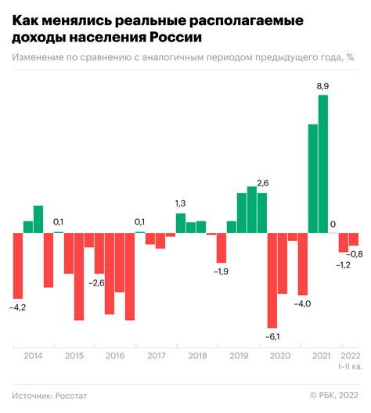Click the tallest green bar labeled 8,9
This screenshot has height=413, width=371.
(322, 164)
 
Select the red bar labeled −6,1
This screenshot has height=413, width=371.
(272, 280)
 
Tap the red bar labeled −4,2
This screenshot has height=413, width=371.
(18, 266)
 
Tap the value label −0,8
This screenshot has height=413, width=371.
(355, 254)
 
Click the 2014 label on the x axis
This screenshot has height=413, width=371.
(33, 356)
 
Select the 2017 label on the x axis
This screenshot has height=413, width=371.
(155, 356)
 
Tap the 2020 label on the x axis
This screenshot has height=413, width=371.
(278, 356)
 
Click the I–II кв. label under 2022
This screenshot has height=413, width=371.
(349, 366)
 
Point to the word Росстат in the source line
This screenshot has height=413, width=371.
(71, 396)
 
